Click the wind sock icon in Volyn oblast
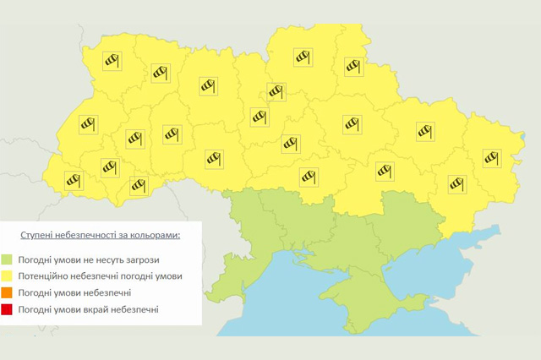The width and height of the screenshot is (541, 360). (x=112, y=60)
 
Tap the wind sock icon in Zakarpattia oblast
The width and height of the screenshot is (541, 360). (x=74, y=179)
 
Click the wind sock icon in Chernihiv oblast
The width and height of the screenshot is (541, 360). (x=303, y=57)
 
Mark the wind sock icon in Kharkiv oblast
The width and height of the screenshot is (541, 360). (x=424, y=130)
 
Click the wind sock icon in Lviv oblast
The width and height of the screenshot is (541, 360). (x=88, y=125)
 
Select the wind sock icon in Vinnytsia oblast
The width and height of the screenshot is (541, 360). (x=213, y=156)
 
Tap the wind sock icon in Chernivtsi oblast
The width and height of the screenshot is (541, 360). (x=138, y=185)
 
